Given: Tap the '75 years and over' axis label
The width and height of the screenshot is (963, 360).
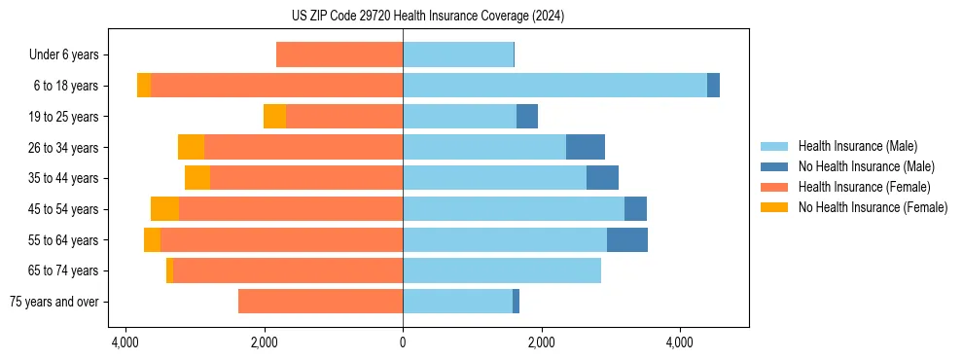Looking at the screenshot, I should tap(54, 302).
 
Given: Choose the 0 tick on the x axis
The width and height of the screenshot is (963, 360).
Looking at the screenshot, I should tap(403, 343).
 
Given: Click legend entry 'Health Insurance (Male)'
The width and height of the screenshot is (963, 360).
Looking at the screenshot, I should tap(857, 146).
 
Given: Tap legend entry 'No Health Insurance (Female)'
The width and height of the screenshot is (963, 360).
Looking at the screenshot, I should tap(873, 207).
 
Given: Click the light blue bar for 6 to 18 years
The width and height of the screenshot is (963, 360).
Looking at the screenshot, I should tap(554, 86).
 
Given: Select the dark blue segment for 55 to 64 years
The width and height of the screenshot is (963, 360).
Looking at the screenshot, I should tap(627, 240).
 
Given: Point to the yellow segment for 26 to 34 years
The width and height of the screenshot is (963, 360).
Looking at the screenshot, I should tap(191, 147).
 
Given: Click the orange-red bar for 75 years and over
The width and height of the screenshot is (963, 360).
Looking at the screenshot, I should tap(320, 302).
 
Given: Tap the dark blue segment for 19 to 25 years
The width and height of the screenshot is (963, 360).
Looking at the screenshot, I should tap(527, 117).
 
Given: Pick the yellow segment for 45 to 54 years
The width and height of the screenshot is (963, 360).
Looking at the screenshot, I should tap(164, 209).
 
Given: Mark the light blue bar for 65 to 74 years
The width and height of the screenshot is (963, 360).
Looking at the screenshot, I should tap(502, 270).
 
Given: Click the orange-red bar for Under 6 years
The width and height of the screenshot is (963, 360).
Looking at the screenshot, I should tap(339, 54).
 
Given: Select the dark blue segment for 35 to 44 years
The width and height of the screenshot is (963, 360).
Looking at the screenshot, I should tap(602, 178).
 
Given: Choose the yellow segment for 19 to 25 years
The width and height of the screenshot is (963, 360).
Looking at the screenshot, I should tap(274, 117).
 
